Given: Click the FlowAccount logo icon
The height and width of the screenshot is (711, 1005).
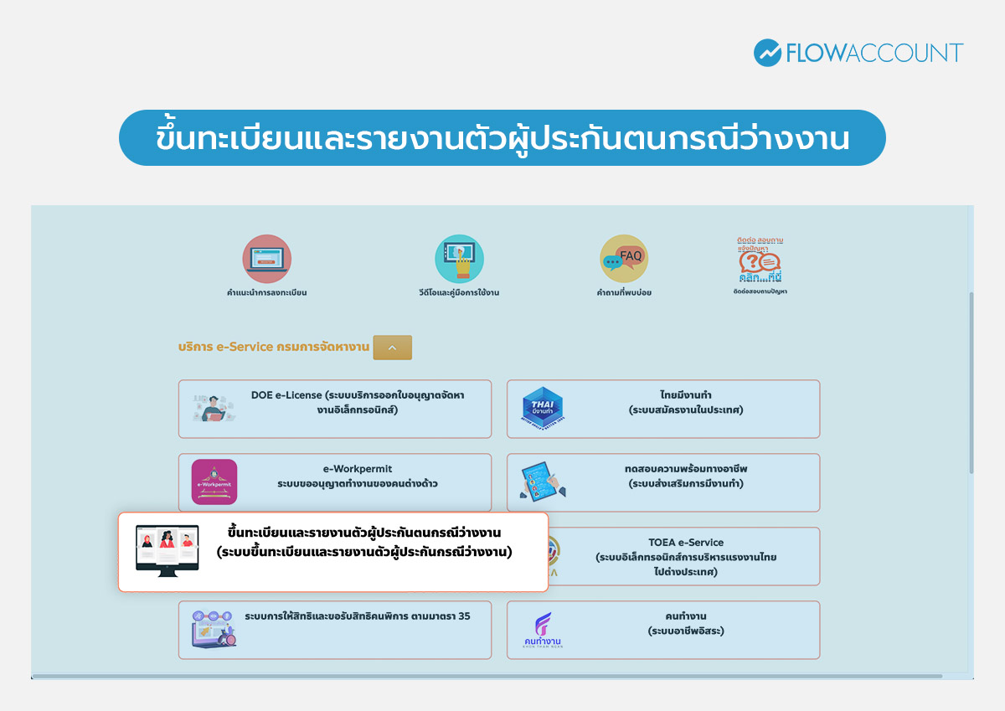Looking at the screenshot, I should click(x=767, y=53).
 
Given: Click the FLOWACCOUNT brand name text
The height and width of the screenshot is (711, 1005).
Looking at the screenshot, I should click(x=874, y=54).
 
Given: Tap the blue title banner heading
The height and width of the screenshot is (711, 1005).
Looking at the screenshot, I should click(x=502, y=138).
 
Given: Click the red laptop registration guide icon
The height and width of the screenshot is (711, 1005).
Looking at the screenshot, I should click(x=266, y=259).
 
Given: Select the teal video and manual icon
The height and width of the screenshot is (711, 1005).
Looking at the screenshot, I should click(x=459, y=259).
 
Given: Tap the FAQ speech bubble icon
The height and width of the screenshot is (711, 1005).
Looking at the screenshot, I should click(x=624, y=258).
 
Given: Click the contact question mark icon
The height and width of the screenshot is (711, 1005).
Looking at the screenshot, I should click(x=760, y=261).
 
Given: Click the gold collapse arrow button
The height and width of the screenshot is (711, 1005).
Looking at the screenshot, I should click(x=392, y=348).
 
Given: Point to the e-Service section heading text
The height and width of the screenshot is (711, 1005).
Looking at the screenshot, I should click(x=274, y=347).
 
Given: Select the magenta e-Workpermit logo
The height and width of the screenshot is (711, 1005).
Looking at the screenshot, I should click(x=214, y=482).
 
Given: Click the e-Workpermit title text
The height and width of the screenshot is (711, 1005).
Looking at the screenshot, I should click(x=358, y=469).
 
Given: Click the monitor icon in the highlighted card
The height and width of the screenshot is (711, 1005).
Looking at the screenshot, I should click(x=167, y=550).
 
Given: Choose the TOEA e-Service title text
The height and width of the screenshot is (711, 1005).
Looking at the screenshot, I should click(x=686, y=542).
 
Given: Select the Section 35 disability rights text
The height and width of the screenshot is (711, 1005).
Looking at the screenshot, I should click(x=358, y=616).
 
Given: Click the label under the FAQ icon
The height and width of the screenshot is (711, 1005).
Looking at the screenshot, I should click(x=624, y=293).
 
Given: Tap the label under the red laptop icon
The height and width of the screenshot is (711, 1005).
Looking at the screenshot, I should click(x=266, y=293).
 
